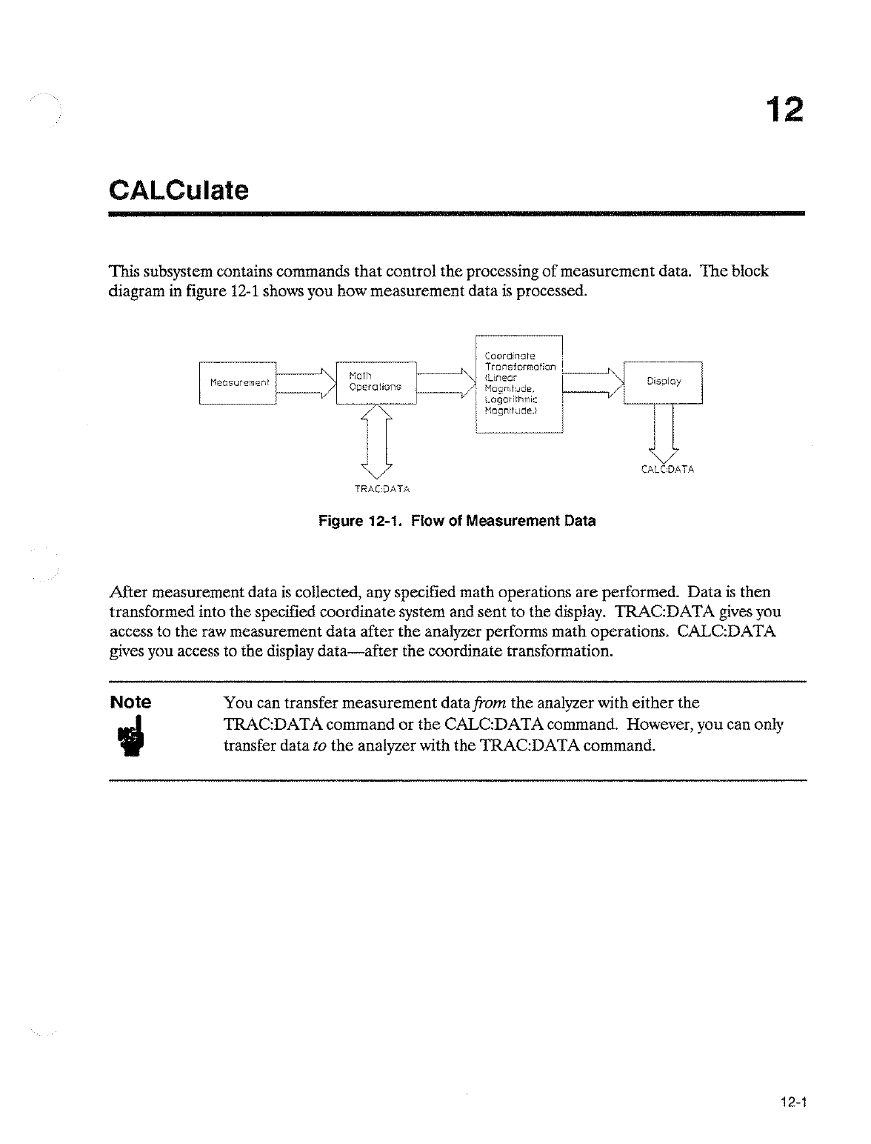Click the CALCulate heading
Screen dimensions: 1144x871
tap(178, 190)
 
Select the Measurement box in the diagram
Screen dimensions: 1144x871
tap(238, 382)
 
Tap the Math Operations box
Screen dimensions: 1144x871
tap(376, 382)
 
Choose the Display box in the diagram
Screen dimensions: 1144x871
tap(663, 382)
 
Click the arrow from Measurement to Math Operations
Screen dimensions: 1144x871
tap(306, 382)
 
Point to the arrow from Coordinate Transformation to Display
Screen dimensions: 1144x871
tap(594, 382)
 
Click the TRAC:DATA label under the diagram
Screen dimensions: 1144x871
tap(382, 489)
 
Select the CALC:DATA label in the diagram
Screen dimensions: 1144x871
tap(667, 469)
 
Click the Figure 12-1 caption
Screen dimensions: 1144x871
tap(457, 521)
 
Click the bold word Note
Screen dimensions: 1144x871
tap(130, 702)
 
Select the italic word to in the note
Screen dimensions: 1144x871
tap(320, 745)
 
